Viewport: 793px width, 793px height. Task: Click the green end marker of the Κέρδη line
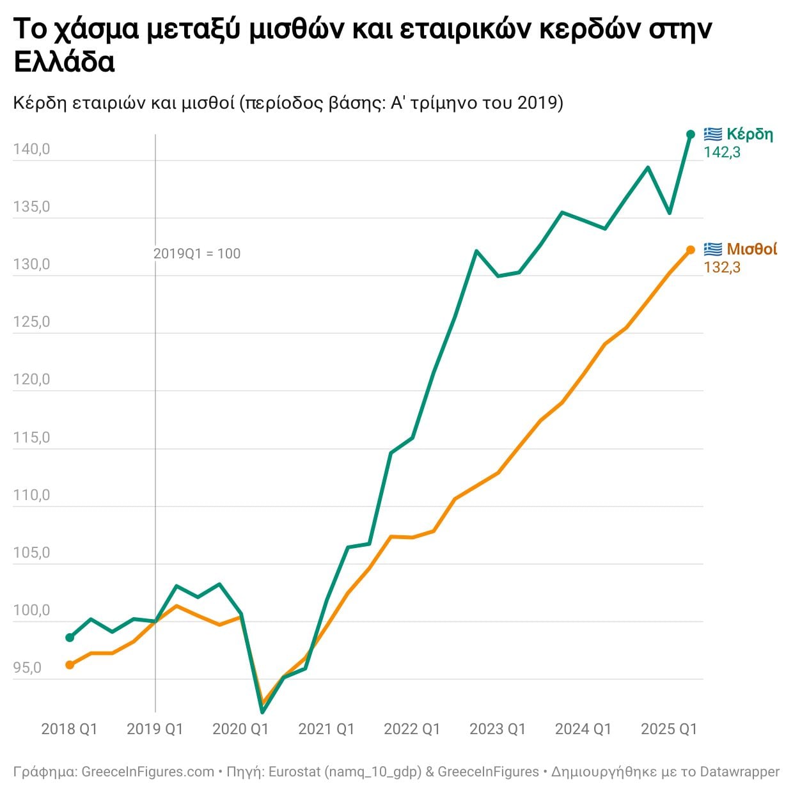(x=691, y=134)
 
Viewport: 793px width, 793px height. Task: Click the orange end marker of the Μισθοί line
(x=691, y=250)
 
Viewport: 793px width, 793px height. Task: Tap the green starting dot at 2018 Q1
(x=70, y=638)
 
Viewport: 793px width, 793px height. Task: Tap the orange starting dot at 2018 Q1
(x=70, y=665)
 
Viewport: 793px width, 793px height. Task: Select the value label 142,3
(x=722, y=152)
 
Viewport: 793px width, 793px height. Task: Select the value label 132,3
(x=722, y=267)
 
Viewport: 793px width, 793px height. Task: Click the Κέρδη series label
(x=750, y=134)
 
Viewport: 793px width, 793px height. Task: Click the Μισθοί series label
(x=752, y=249)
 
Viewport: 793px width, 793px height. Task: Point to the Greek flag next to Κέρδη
(x=713, y=134)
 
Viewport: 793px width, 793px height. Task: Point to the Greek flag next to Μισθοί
(x=713, y=249)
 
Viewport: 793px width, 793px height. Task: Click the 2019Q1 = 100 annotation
(x=197, y=254)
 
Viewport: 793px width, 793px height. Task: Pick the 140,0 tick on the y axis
(x=31, y=150)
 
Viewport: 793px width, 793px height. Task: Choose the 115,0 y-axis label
(x=31, y=438)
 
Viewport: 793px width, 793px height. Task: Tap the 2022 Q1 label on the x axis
(x=412, y=729)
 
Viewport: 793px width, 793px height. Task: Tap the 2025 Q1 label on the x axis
(x=669, y=729)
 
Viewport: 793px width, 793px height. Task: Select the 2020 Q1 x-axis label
(x=240, y=729)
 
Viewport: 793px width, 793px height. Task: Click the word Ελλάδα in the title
(x=64, y=62)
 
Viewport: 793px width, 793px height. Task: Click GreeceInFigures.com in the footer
(x=148, y=772)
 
